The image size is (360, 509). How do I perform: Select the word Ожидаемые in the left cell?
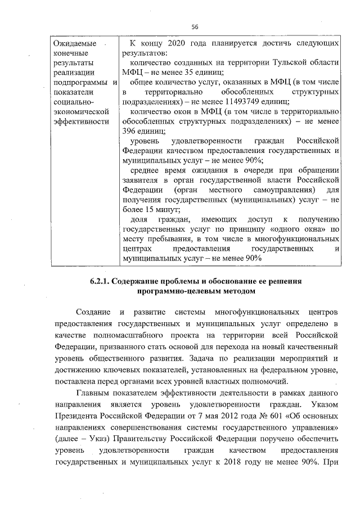pyautogui.click(x=71, y=43)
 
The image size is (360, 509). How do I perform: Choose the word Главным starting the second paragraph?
pyautogui.click(x=93, y=392)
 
